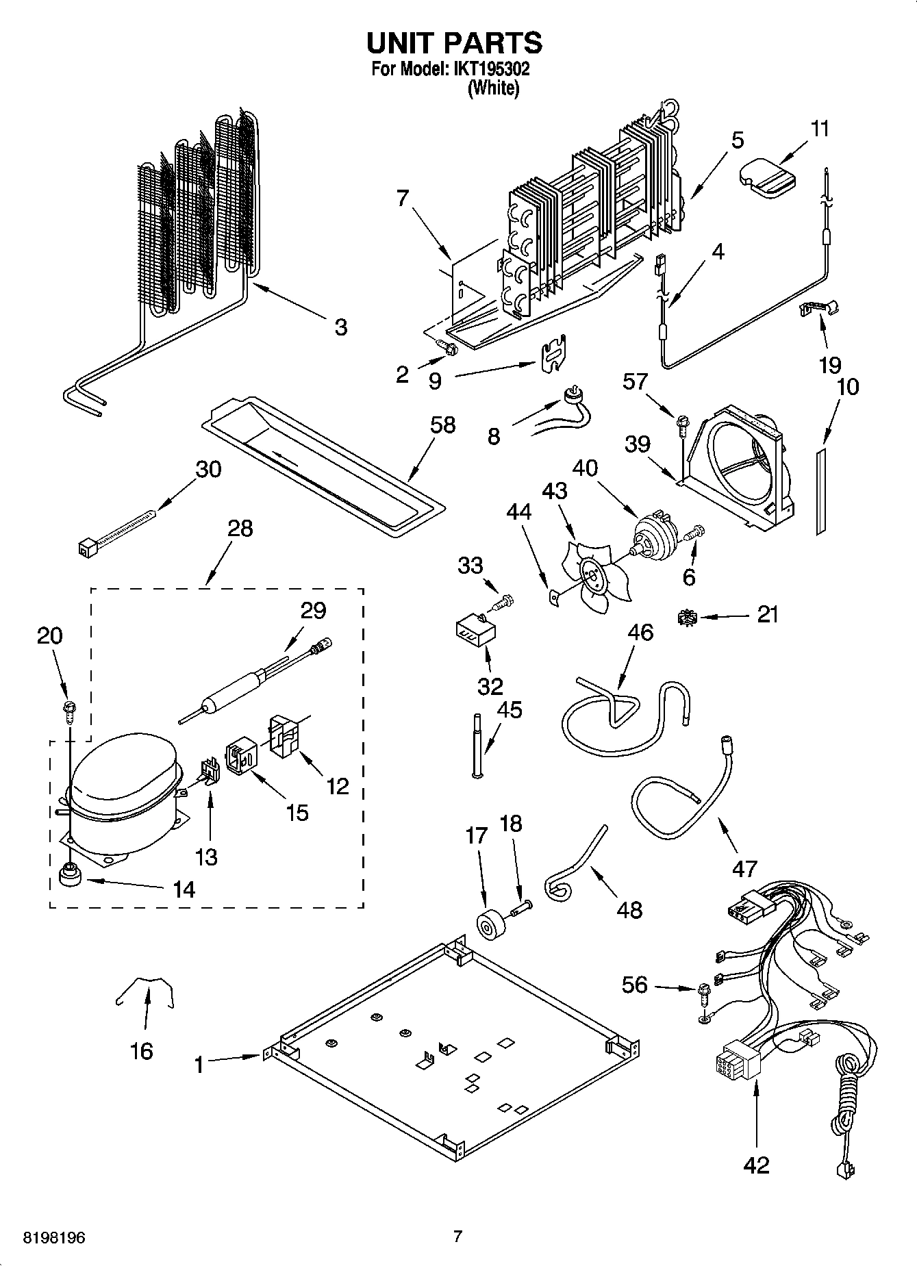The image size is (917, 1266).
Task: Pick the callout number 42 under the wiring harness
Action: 756,1164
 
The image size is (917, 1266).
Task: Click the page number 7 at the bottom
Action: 458,1236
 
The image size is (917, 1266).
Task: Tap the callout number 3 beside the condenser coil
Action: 340,327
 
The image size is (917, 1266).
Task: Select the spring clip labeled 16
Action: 145,990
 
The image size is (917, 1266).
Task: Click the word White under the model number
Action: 492,88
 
